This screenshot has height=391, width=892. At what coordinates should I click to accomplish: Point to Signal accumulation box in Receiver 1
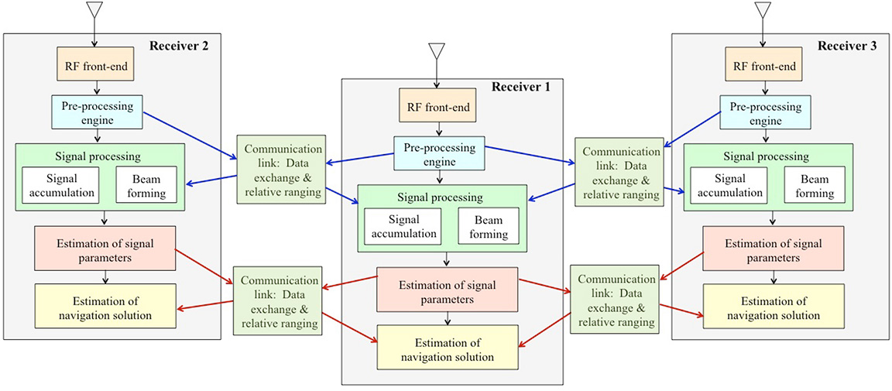click(x=400, y=226)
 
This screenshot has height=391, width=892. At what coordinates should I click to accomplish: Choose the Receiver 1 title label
click(x=521, y=87)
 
